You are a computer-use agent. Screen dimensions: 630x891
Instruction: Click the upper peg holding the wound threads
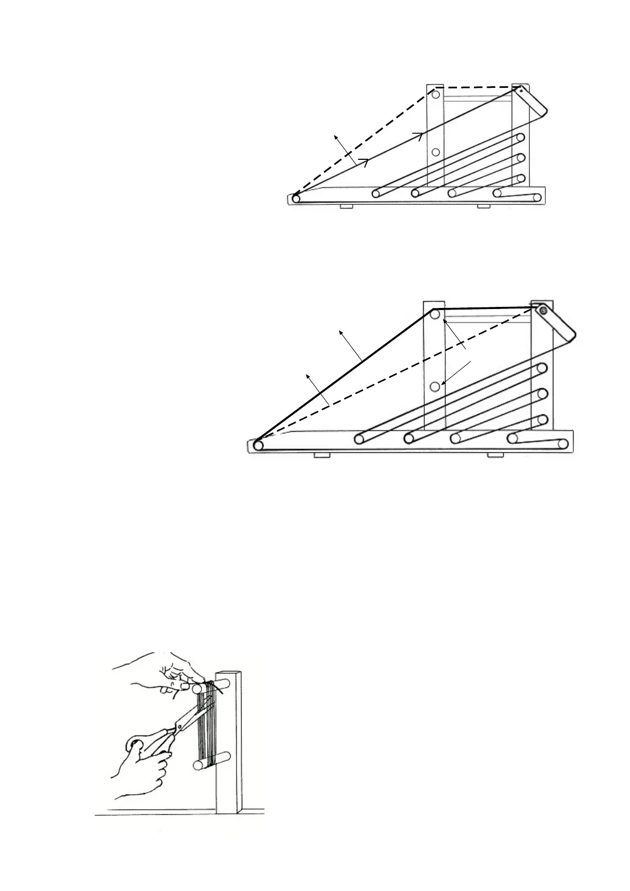200,688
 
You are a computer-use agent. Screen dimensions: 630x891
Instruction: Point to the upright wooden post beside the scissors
229,751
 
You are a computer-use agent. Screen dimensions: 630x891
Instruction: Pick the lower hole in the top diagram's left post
436,152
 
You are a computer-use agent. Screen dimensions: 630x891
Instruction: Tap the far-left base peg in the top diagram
296,199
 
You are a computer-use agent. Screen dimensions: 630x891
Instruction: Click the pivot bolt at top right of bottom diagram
543,311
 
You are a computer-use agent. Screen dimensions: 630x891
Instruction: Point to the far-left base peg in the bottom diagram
258,445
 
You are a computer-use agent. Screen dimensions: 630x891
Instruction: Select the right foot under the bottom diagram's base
495,456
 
